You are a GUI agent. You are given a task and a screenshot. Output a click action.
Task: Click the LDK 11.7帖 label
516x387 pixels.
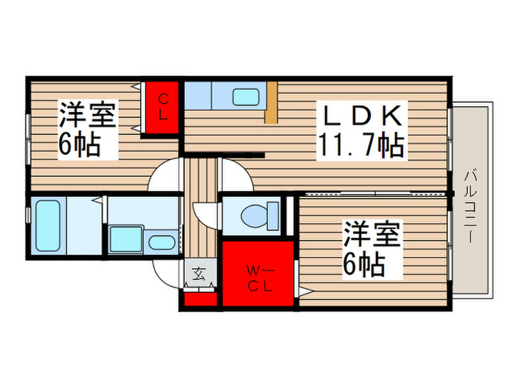[x=361, y=131]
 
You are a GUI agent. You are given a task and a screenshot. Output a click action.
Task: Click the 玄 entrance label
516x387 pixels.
[x=200, y=275]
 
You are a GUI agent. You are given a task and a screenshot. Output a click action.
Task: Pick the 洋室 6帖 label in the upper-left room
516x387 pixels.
[x=88, y=128]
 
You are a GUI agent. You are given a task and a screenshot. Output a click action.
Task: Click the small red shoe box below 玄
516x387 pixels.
[x=200, y=299]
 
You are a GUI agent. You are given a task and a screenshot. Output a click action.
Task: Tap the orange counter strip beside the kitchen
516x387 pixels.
[x=271, y=102]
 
